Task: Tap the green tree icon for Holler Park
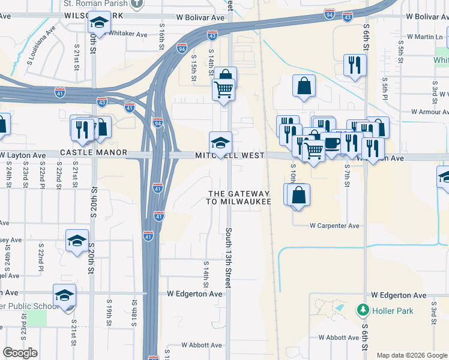point(363,310)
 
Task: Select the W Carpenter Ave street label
point(334,226)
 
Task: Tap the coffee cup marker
point(331,144)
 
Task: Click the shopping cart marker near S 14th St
point(223,89)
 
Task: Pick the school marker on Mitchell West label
point(220,143)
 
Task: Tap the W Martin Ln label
point(424,37)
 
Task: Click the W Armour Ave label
point(430,112)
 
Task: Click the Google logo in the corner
point(20,352)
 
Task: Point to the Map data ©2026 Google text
point(411,355)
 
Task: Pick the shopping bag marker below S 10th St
point(298,196)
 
